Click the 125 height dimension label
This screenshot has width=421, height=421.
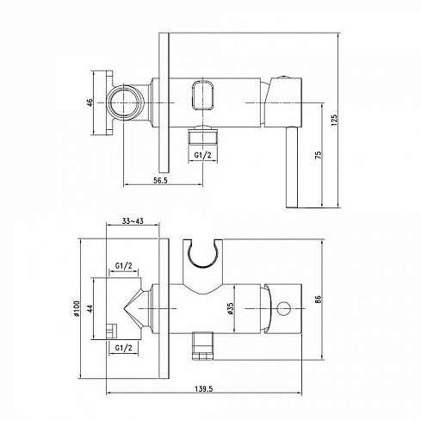pos(334,121)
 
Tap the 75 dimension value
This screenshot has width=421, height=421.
pos(319,155)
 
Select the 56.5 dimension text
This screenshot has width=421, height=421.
pos(161,181)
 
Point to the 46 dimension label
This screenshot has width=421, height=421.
pos(90,102)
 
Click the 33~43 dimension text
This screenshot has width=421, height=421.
pos(133,221)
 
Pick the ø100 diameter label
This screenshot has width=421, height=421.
pos(77,308)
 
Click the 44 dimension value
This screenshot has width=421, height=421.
pos(90,309)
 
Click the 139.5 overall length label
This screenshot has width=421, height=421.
pos(204,389)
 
